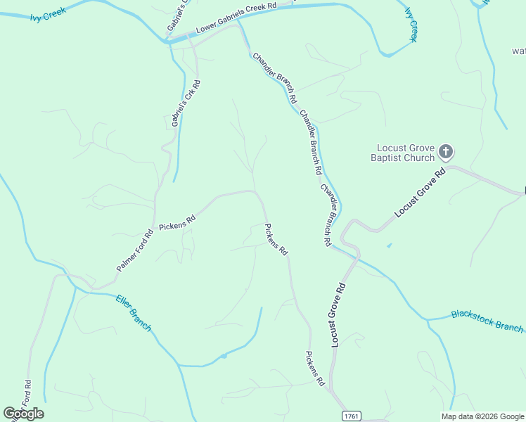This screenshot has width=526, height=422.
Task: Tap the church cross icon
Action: click(x=445, y=151)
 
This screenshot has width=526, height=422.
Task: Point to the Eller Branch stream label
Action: click(x=133, y=314)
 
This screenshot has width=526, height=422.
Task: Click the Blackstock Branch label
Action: click(x=487, y=321)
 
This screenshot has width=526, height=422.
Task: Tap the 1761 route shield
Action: click(x=352, y=416)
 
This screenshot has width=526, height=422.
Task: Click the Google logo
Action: click(x=24, y=414)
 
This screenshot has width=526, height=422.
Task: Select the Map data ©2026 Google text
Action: click(x=482, y=416)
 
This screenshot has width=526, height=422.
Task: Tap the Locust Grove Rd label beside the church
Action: click(x=420, y=192)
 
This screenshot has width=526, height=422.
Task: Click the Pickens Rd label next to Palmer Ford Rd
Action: click(x=177, y=224)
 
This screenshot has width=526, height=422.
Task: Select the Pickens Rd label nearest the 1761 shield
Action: click(x=314, y=369)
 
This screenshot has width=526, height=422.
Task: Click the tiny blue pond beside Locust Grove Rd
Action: click(x=389, y=245)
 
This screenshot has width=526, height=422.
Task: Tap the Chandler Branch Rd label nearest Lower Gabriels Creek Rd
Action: click(x=275, y=78)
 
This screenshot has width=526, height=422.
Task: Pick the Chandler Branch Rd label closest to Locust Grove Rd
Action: click(x=326, y=215)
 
